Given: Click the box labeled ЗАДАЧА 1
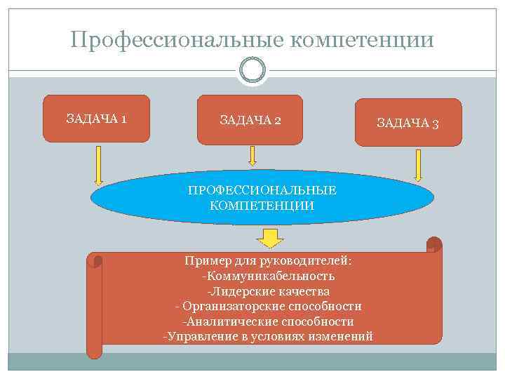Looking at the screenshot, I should tap(97, 118).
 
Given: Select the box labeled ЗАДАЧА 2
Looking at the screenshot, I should tap(250, 120).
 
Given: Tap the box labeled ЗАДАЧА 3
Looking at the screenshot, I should tap(408, 123).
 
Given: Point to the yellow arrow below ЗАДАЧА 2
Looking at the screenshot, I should tap(250, 155).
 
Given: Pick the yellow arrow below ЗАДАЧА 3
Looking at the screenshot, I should tap(419, 165).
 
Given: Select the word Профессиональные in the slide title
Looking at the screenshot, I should tap(175, 40).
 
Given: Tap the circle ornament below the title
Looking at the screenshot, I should tap(252, 69).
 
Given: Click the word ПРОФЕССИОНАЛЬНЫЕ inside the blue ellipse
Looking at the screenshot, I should tap(262, 190).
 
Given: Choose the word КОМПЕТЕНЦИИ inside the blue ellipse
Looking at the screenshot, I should tap(262, 206).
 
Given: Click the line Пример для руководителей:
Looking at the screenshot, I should tap(268, 261).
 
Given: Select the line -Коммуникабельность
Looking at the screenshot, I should tap(268, 276).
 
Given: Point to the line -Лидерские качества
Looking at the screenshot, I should tap(268, 291).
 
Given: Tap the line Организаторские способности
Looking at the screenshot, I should tap(271, 306).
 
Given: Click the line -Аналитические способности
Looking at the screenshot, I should tap(268, 321).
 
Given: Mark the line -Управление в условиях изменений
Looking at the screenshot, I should tap(268, 337).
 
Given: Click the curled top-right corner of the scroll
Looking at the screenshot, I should tap(434, 244).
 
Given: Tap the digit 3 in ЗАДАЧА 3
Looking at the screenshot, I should tap(436, 124).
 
